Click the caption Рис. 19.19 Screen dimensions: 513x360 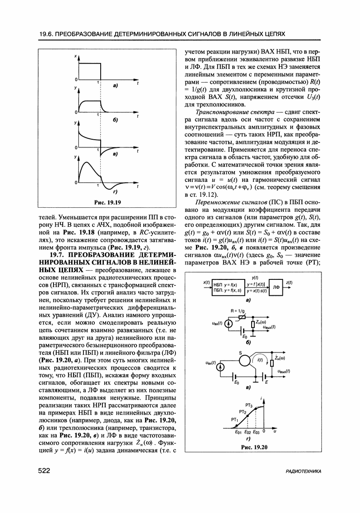(x=107, y=202)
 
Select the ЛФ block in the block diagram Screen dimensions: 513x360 (x=276, y=287)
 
